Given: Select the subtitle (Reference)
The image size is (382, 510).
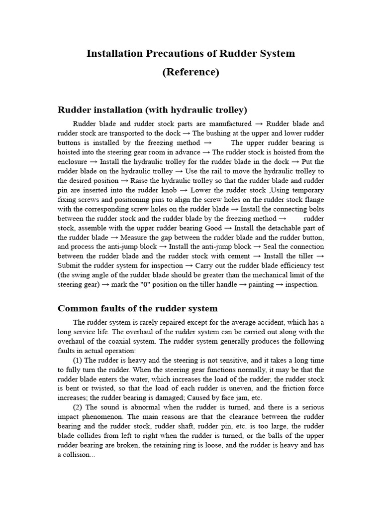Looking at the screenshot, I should pos(191,72).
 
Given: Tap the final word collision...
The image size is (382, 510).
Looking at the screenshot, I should pos(80,455).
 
